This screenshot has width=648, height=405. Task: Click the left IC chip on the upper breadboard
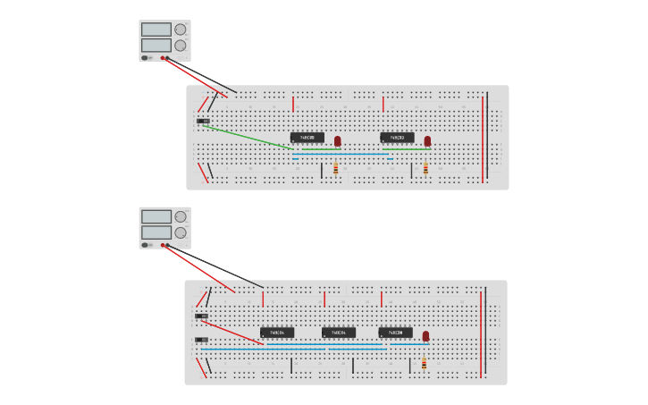[307, 138]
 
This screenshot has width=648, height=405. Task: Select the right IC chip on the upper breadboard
[397, 138]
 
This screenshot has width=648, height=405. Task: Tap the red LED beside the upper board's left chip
[338, 141]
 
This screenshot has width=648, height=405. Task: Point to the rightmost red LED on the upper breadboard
[427, 141]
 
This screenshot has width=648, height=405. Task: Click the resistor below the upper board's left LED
[335, 168]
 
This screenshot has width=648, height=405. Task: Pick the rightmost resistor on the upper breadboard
[425, 168]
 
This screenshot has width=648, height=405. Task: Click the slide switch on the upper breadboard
[203, 121]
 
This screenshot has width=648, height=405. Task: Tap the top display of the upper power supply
[156, 30]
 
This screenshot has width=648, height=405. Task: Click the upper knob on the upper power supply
[181, 30]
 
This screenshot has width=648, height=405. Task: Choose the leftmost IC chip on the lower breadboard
[277, 333]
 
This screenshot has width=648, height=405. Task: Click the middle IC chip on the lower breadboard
[339, 333]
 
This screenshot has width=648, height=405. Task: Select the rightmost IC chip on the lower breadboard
[396, 333]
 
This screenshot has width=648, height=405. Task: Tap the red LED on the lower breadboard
[425, 337]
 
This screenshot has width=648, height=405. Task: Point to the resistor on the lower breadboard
[424, 363]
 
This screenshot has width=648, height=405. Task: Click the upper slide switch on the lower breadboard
[201, 316]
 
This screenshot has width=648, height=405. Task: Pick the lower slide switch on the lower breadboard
[201, 340]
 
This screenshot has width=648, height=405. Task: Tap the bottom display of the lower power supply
[156, 232]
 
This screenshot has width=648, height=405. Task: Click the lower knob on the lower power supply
[181, 232]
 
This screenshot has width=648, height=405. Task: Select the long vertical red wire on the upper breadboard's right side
[483, 137]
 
